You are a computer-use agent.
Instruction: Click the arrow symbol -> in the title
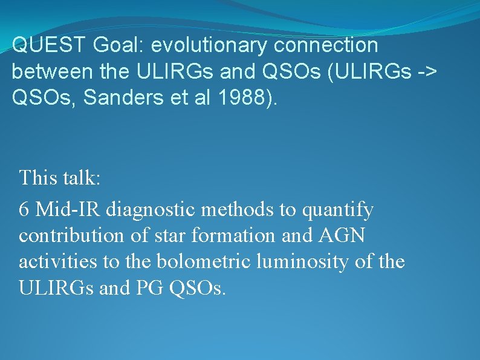426,71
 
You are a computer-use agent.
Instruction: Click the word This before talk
37,178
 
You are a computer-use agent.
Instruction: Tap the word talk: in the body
83,178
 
